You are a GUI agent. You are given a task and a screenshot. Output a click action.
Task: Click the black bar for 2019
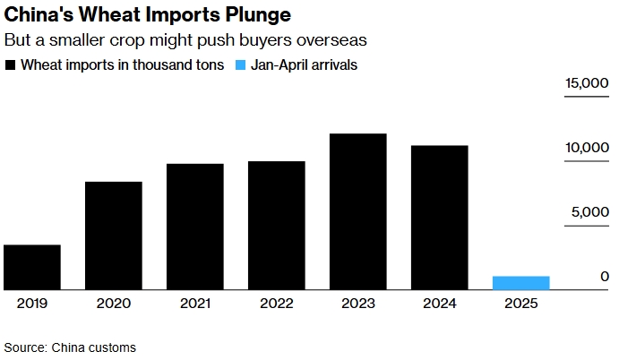(32, 267)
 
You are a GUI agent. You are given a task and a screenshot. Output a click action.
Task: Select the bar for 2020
(114, 236)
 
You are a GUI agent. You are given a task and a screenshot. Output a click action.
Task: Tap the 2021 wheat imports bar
(195, 227)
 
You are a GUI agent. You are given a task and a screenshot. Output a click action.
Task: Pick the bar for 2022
(277, 226)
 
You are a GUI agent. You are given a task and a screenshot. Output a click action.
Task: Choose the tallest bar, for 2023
(358, 211)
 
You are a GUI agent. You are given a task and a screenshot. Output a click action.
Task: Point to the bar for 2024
(439, 218)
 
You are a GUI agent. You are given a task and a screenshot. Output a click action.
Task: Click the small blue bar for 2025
(520, 283)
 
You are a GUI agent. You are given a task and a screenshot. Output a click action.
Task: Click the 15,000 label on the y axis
(587, 83)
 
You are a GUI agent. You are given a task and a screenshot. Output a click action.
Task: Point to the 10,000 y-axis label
(587, 148)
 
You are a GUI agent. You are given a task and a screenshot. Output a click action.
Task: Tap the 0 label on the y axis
(605, 277)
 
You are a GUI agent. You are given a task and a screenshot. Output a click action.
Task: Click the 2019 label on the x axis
(32, 304)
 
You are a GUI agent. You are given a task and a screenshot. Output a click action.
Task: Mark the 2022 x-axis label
(277, 304)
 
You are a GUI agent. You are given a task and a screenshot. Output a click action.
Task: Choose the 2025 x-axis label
(520, 304)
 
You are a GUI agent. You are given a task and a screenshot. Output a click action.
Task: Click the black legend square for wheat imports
(10, 65)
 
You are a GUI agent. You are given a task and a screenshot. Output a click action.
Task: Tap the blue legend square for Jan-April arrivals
(239, 65)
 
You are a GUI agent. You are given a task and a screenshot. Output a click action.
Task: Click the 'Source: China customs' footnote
(70, 347)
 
